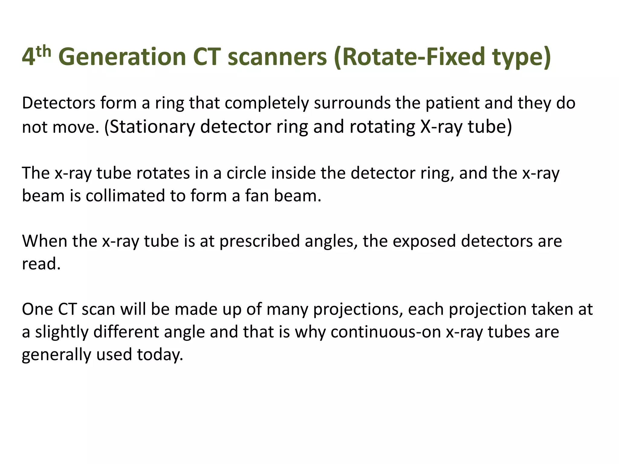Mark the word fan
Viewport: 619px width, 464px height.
(257, 196)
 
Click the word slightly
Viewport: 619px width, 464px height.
(62, 332)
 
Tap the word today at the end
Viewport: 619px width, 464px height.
(160, 355)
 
